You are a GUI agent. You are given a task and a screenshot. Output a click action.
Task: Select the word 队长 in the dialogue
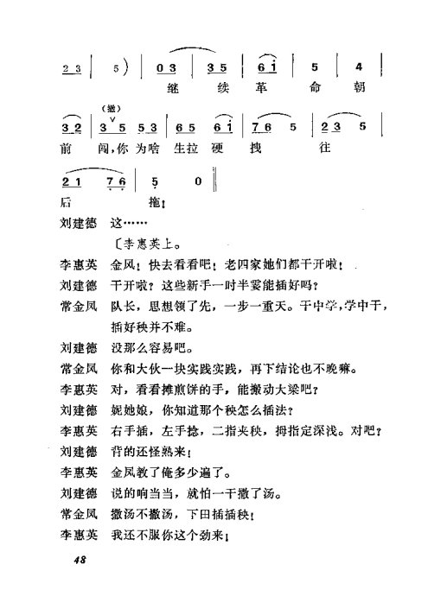tap(124, 305)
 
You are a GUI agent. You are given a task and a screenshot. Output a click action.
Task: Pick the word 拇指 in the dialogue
tap(292, 430)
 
